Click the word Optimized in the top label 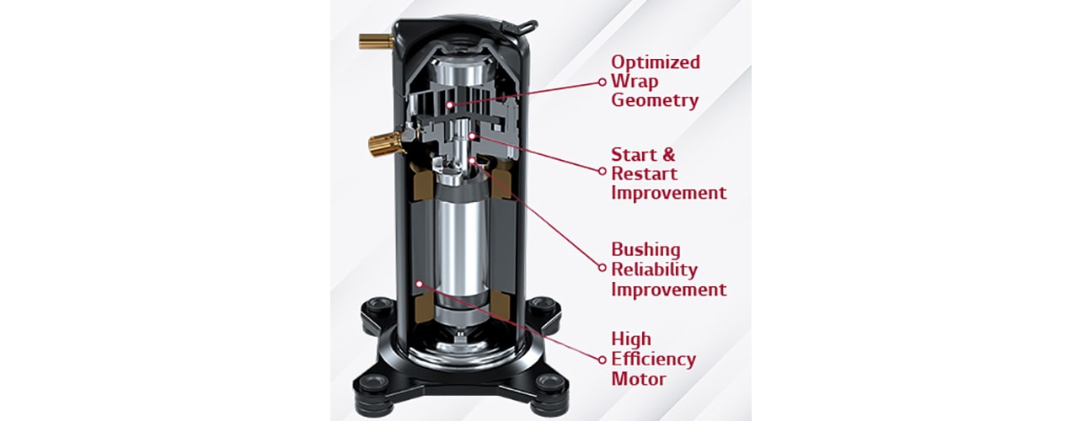(655, 62)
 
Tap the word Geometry (655, 101)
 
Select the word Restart (644, 173)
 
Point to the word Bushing (645, 250)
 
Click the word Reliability (654, 269)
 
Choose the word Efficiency (653, 359)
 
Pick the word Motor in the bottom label (638, 379)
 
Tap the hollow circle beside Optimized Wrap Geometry (603, 82)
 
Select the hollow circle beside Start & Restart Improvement (603, 170)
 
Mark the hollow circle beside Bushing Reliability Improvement (603, 269)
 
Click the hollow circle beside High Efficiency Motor (603, 360)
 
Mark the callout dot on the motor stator (419, 285)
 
